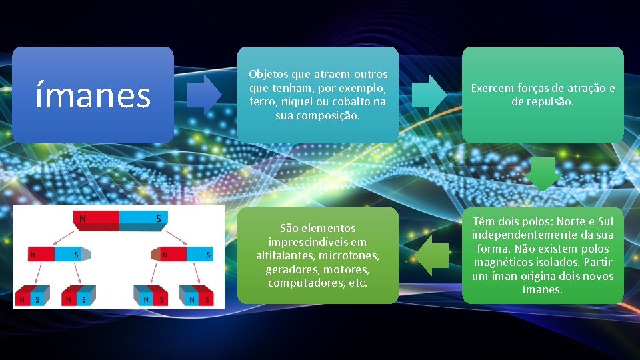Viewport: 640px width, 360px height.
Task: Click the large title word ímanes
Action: coord(93,95)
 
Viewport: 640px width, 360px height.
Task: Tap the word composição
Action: coord(327,115)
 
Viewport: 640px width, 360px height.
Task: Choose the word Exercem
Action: coord(493,88)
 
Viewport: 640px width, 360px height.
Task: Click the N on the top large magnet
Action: coord(82,219)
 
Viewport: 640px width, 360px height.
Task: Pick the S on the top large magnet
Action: coord(158,219)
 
